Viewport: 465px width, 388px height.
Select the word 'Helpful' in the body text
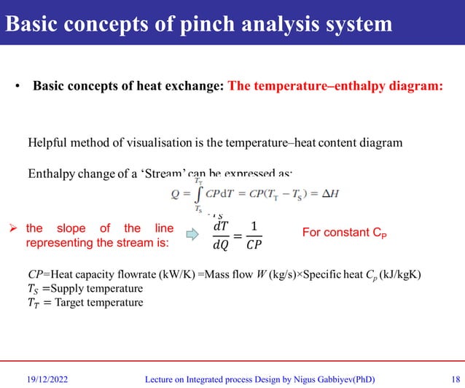click(48, 143)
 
